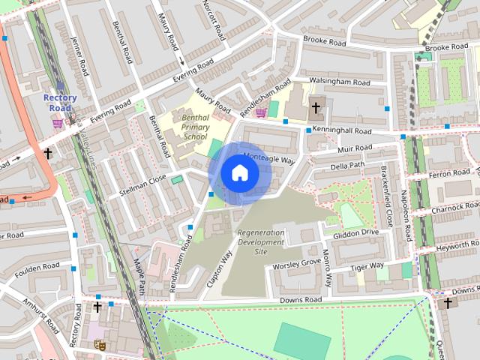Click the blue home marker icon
pyautogui.click(x=239, y=172)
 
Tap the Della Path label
pyautogui.click(x=347, y=165)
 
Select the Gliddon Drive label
pyautogui.click(x=356, y=232)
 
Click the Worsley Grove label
pyautogui.click(x=297, y=264)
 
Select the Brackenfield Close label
pyautogui.click(x=387, y=196)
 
